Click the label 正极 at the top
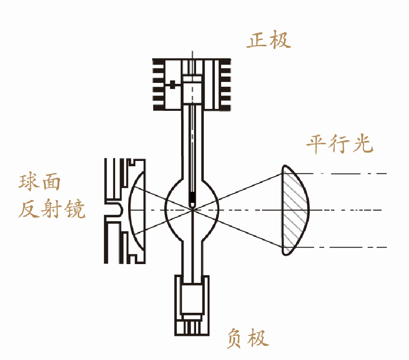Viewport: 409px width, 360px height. tap(269, 40)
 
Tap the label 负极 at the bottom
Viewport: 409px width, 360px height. tap(247, 338)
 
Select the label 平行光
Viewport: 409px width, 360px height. tap(340, 144)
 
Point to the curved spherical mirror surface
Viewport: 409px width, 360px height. tap(132, 210)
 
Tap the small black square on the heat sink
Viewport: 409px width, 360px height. tap(172, 85)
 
